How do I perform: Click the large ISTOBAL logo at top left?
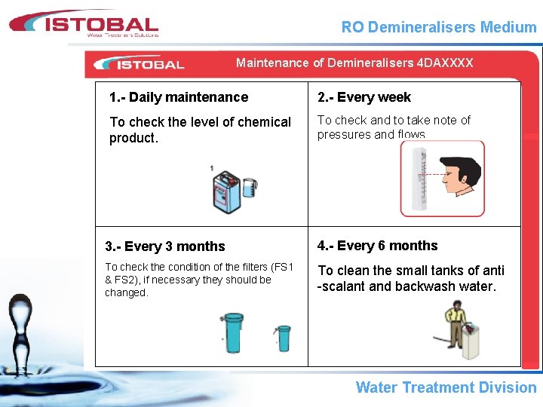(84, 23)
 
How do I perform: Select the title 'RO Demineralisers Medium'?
(439, 28)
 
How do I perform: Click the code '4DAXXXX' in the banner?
(445, 63)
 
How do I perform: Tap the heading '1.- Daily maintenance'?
(179, 97)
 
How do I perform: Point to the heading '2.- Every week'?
(364, 97)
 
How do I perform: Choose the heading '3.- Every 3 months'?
(164, 246)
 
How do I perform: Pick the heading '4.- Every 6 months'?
(377, 246)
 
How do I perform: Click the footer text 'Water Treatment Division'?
(446, 387)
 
